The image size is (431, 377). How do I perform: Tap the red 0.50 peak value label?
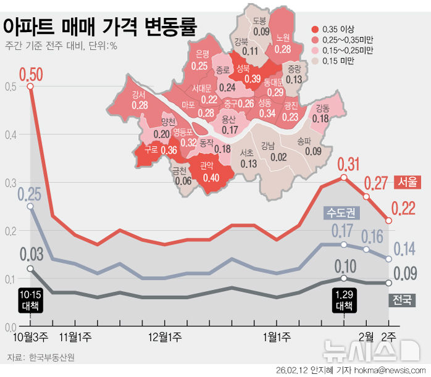(x=31, y=75)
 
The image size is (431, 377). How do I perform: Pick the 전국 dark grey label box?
(x=403, y=300)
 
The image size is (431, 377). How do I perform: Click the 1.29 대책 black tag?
(x=344, y=300)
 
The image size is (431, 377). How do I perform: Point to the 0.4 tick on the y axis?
(x=8, y=135)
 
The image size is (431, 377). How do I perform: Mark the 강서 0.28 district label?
(x=140, y=101)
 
